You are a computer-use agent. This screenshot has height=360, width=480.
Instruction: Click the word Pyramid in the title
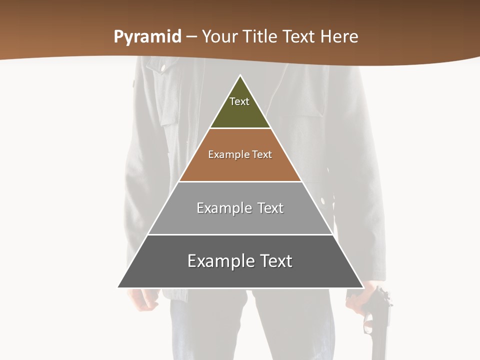click(147, 37)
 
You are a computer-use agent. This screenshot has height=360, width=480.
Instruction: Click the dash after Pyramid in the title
click(191, 37)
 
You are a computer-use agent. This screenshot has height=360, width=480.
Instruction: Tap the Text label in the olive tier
click(239, 101)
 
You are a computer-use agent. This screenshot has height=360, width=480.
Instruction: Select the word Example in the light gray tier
click(219, 208)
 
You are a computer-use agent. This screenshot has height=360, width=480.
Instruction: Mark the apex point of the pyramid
click(240, 76)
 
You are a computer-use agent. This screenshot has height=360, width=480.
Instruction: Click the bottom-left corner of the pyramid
click(118, 287)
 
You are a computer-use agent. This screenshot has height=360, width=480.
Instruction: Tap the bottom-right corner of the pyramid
click(362, 287)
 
